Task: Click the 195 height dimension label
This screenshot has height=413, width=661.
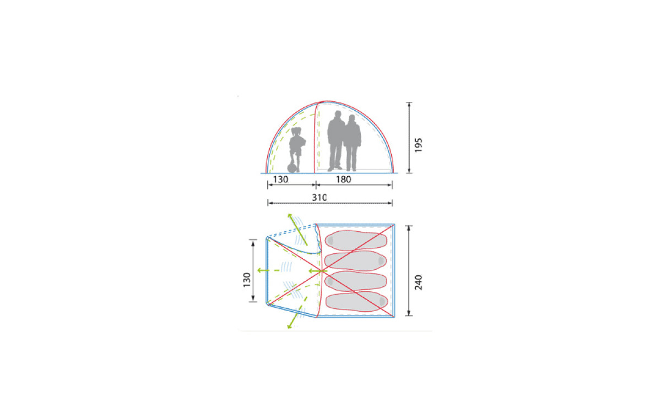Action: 419,145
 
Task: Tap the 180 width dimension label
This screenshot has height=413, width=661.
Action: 344,180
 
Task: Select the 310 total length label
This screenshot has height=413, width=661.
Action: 319,198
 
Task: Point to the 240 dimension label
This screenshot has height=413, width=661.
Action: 419,282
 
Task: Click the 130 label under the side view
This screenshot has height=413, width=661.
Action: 280,180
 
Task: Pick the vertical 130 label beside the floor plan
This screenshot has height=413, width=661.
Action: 247,280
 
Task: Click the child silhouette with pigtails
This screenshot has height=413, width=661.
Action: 297,150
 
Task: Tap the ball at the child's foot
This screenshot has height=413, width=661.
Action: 291,168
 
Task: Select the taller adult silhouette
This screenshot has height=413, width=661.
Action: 336,141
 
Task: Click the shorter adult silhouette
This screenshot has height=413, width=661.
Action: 352,143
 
